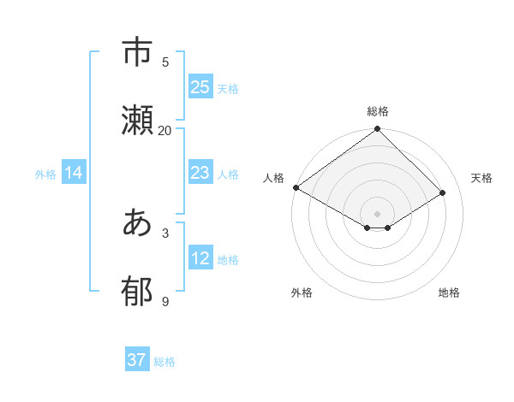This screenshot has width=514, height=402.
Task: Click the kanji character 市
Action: [138, 53]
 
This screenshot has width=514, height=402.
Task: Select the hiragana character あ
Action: [138, 224]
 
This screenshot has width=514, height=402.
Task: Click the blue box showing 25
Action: [200, 87]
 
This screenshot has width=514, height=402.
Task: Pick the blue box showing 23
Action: [200, 173]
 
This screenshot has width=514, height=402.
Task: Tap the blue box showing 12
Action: [200, 258]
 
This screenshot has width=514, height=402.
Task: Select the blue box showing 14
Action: [74, 173]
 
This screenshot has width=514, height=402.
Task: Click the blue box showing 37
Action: [137, 360]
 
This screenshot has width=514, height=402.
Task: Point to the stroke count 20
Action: [164, 130]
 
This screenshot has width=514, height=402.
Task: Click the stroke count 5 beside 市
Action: [165, 62]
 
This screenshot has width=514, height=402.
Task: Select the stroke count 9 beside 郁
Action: [165, 301]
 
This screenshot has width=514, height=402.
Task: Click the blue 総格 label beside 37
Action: [164, 362]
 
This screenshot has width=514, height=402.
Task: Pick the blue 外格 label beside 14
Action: [45, 174]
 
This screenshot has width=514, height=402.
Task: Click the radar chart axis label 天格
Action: [482, 178]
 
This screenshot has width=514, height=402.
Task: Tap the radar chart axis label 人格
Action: [273, 178]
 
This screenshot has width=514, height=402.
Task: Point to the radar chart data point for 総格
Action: [378, 129]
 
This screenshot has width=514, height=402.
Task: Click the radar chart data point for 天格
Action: [443, 193]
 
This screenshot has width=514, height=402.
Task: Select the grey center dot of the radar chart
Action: [378, 214]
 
